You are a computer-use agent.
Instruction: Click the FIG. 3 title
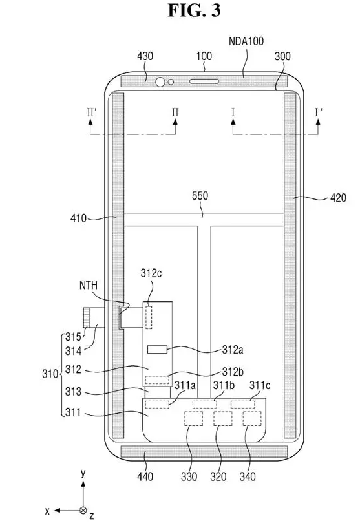[x=195, y=10]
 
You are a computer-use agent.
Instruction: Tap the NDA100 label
[x=246, y=41]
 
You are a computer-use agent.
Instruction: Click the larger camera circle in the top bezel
[x=160, y=81]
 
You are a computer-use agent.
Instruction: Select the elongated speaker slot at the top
[x=204, y=81]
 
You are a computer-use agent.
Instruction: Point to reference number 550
[x=200, y=196]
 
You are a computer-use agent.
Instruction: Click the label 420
[x=338, y=198]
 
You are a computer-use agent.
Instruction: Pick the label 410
[x=78, y=218]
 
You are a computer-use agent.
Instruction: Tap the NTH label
[x=88, y=285]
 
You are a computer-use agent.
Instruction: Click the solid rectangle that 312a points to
[x=157, y=349]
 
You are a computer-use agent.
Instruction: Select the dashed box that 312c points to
[x=149, y=317]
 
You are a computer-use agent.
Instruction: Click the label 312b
[x=233, y=372]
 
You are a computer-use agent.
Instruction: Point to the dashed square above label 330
[x=193, y=418]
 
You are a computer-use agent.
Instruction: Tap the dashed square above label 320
[x=223, y=418]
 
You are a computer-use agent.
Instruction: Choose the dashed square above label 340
[x=252, y=418]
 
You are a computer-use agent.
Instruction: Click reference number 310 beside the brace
[x=50, y=374]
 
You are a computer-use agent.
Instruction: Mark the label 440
[x=145, y=476]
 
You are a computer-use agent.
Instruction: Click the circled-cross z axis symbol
[x=83, y=510]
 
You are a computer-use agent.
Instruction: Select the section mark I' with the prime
[x=319, y=112]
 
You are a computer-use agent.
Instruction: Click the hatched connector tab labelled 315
[x=86, y=317]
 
